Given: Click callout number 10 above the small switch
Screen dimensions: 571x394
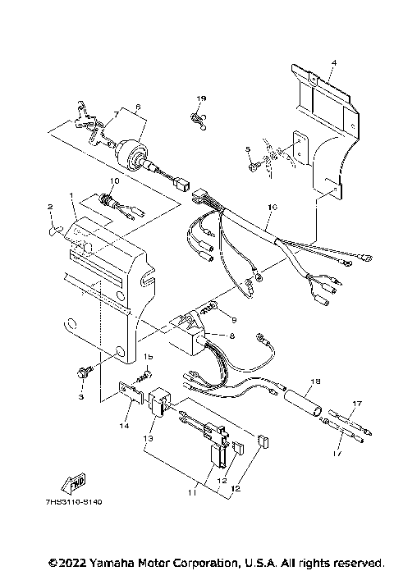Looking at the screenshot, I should coord(114,180).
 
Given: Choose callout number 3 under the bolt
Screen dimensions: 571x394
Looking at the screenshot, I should coord(81,396).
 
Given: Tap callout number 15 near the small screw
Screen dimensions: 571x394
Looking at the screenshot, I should coord(149,357).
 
